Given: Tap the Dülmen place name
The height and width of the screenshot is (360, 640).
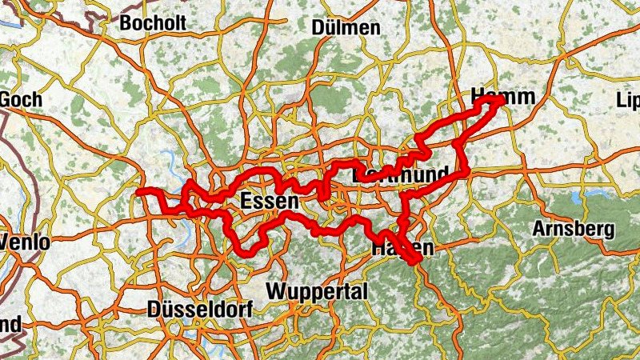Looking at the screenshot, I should [346, 28].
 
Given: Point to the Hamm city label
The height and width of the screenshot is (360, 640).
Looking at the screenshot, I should [502, 97].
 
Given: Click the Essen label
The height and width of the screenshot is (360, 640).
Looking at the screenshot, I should [270, 202].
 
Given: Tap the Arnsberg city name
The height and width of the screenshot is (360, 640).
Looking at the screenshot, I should [574, 230].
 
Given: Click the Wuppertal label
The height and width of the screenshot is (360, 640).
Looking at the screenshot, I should [318, 290].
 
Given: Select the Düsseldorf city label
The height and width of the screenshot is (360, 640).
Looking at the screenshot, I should [200, 310].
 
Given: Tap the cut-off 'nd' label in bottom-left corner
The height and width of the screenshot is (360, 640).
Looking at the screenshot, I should [10, 325].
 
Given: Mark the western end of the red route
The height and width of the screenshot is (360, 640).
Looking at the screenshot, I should [139, 192].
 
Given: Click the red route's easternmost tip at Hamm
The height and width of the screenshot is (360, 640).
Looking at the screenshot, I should [502, 100].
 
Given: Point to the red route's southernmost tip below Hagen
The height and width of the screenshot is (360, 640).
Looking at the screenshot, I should [416, 262].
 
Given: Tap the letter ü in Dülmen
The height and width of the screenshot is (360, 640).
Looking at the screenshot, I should [331, 28].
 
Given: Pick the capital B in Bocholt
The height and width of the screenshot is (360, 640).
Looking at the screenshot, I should [126, 22].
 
